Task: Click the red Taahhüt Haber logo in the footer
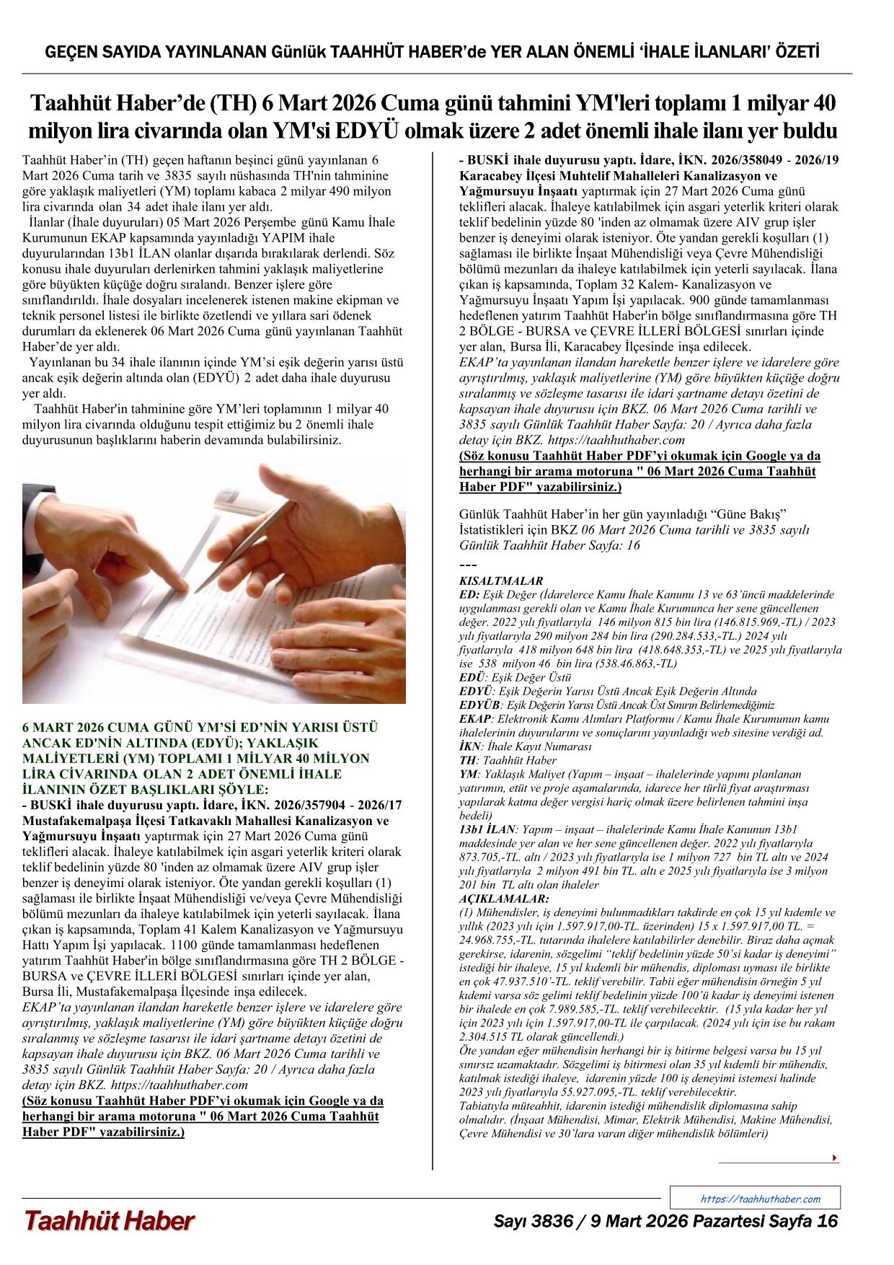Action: click(110, 1220)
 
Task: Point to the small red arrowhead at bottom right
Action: click(835, 1158)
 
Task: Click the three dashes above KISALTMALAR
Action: click(467, 564)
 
